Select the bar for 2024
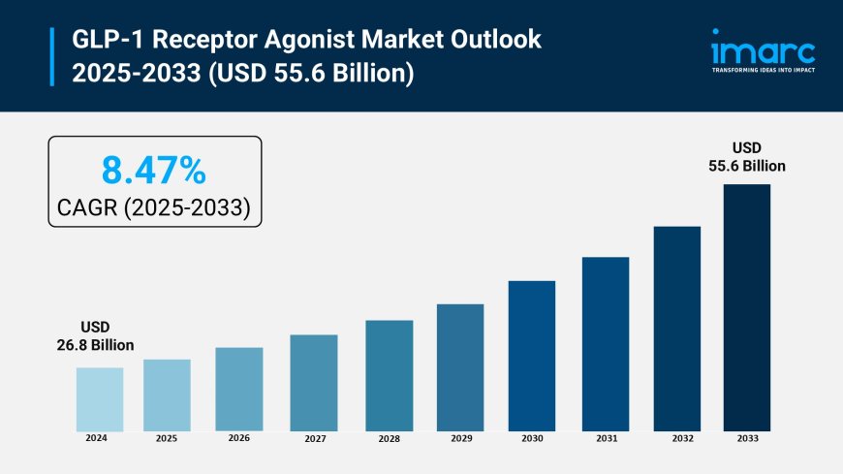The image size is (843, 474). tap(100, 399)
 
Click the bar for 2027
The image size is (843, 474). tap(314, 383)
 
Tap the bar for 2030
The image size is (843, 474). tap(532, 356)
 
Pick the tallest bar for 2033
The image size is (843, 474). tap(746, 307)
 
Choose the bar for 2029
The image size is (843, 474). tap(460, 367)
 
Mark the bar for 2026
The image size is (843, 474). tap(239, 389)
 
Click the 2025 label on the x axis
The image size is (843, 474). tap(167, 439)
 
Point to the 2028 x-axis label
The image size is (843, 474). tap(389, 439)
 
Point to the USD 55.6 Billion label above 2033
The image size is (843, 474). tap(746, 157)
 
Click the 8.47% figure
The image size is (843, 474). tap(154, 171)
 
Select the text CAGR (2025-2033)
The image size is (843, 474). tap(154, 206)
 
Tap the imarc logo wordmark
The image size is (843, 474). tap(763, 49)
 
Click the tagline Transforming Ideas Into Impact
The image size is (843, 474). tap(763, 71)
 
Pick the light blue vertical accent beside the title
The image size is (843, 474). tap(52, 56)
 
